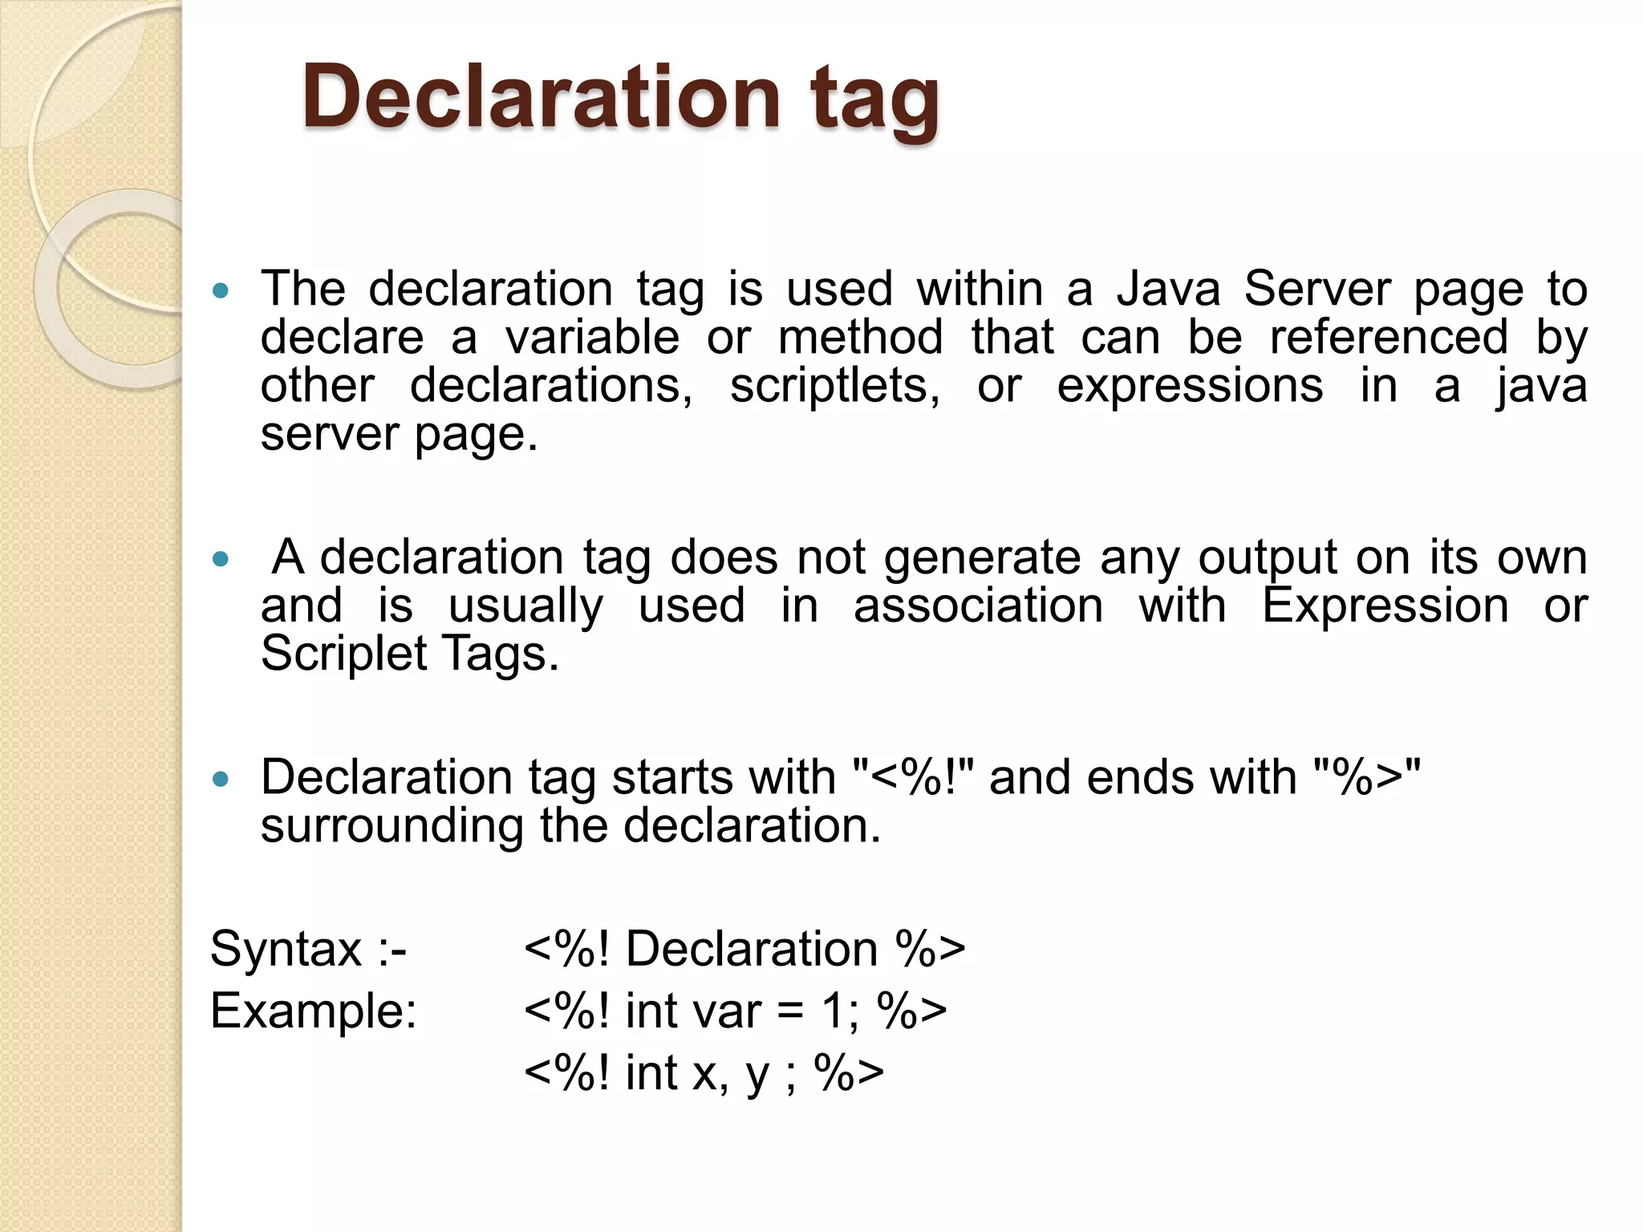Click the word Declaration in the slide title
(x=541, y=97)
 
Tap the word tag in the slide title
(x=874, y=100)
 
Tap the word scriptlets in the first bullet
(x=834, y=387)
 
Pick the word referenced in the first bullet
(x=1389, y=337)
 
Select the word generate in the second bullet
(x=982, y=558)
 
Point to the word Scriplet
(x=343, y=654)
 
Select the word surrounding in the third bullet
(x=391, y=826)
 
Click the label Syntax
(x=286, y=950)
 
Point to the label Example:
(x=314, y=1011)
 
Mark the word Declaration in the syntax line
(x=752, y=950)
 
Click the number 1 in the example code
(x=832, y=1011)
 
